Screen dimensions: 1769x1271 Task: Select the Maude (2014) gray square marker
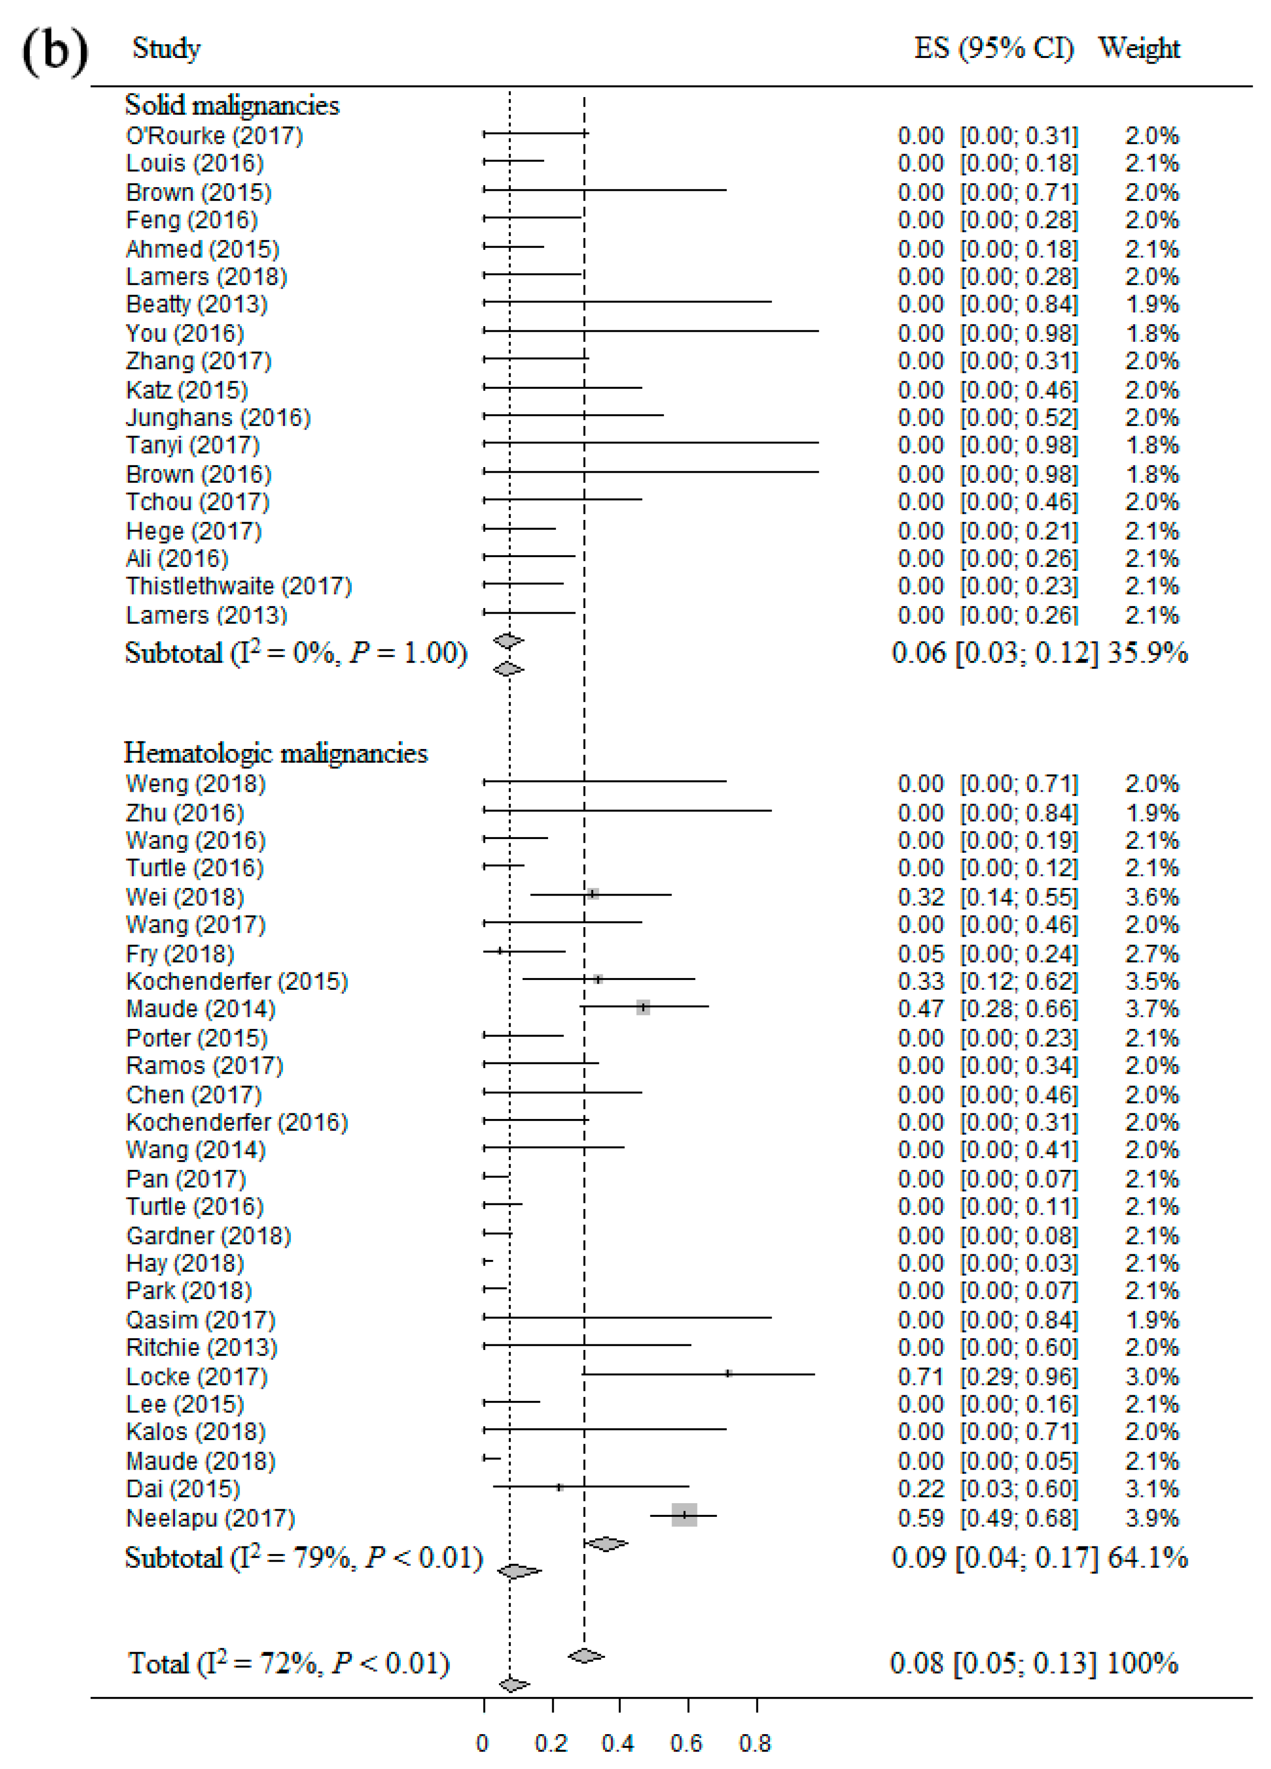click(x=642, y=1007)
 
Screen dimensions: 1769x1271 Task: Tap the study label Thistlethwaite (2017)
click(x=239, y=586)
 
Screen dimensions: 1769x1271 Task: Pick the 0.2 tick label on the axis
click(x=551, y=1743)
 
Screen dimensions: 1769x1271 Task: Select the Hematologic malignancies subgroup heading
click(x=275, y=753)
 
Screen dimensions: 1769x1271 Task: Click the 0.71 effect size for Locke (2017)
click(x=921, y=1377)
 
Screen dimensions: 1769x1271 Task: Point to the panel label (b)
click(x=55, y=51)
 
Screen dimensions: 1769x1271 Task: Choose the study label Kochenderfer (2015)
click(x=237, y=981)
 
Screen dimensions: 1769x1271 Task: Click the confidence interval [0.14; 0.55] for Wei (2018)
click(x=1018, y=897)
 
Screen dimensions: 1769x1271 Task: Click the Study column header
click(x=166, y=49)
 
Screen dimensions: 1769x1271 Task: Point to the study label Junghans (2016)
click(x=218, y=418)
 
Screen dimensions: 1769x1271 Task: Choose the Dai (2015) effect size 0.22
click(x=921, y=1489)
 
